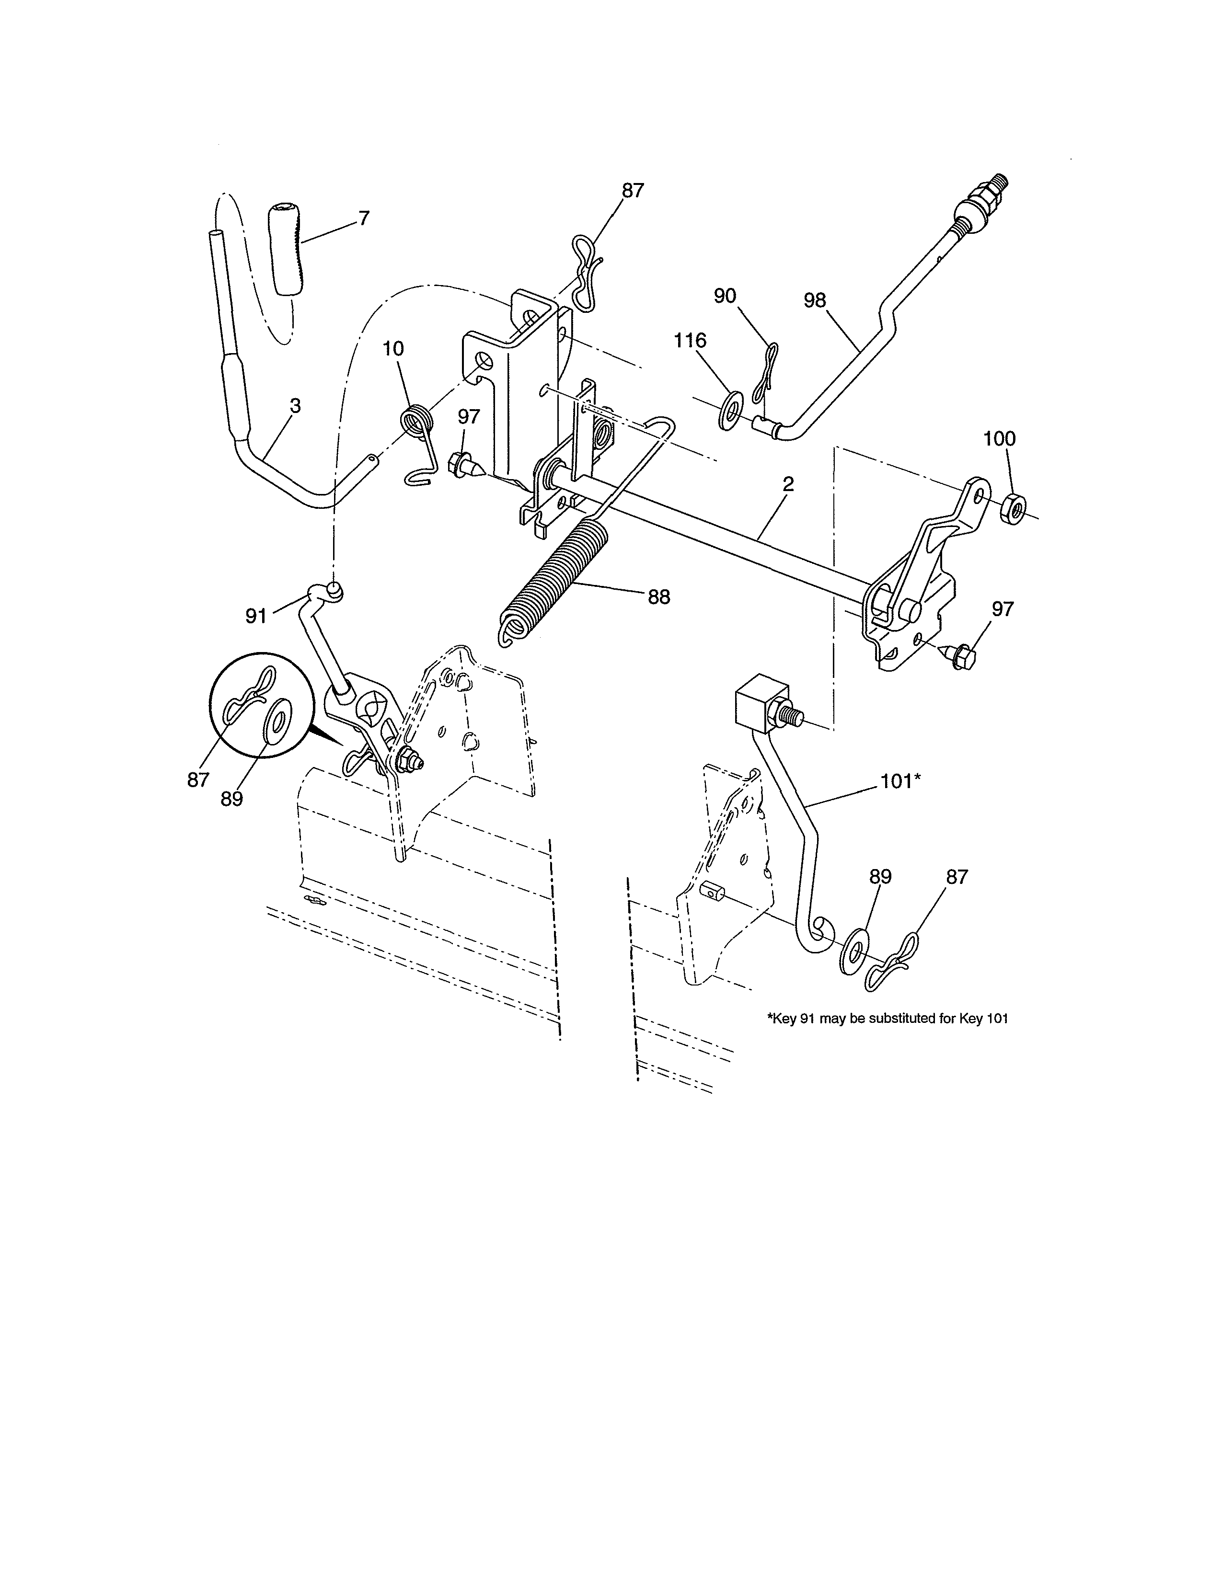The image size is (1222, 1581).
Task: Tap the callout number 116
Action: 690,340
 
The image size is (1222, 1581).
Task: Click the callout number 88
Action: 659,597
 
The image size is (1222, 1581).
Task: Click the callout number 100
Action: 999,439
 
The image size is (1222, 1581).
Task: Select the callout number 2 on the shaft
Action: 788,484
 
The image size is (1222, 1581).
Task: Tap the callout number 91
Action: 255,616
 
